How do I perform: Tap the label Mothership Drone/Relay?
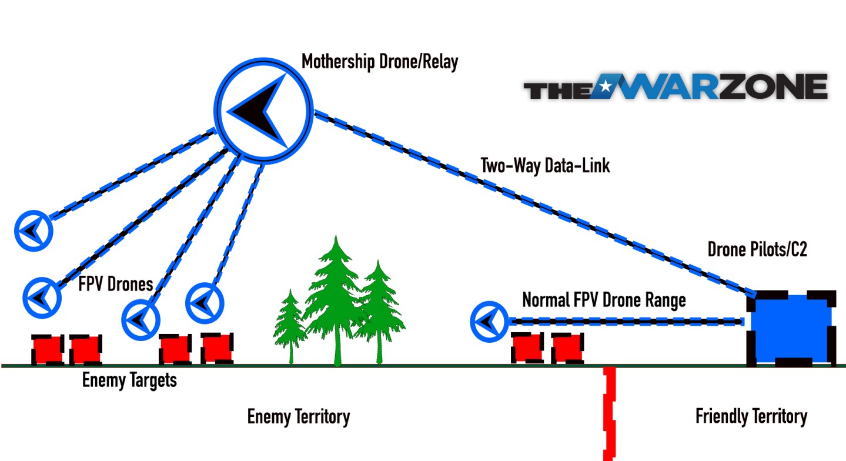coord(379,62)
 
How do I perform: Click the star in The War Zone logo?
coord(604,88)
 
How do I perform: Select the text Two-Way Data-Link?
coord(545,165)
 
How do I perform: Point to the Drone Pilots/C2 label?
coord(757,250)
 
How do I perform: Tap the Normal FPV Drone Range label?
coord(604,300)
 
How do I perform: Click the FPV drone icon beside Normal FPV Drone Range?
coord(489,321)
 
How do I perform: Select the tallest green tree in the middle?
coord(336,300)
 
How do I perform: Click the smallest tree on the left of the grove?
coord(290,326)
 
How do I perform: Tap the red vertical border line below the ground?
coord(609,412)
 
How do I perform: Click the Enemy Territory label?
coord(298,417)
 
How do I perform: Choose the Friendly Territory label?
coord(751,417)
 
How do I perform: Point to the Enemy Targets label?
coord(129,380)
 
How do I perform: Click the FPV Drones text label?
coord(115,285)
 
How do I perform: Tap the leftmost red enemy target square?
coord(48,349)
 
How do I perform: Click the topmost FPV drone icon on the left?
coord(34,231)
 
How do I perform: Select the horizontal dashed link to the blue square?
coord(626,321)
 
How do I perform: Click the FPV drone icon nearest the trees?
coord(205,303)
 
